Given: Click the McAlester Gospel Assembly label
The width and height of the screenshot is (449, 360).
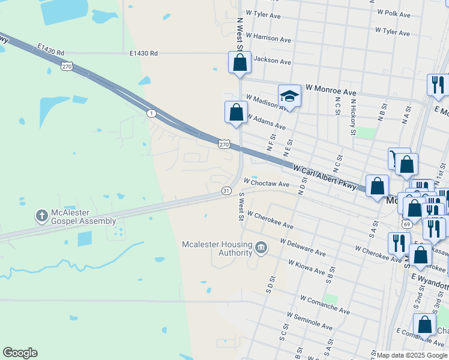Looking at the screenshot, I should point(83,217).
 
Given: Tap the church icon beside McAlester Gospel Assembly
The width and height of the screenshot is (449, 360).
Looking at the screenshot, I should point(41,215).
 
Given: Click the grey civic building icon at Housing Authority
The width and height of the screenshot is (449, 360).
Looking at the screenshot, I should point(261,247).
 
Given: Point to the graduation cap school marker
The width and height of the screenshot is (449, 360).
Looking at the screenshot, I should point(289,97).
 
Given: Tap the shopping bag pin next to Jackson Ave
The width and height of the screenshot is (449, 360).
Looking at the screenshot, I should point(240,62).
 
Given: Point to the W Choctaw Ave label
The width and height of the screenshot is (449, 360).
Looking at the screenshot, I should point(267,181).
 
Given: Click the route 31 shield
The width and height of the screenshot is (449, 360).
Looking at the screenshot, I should point(226,190).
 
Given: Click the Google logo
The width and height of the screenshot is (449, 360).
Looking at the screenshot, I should point(20,353).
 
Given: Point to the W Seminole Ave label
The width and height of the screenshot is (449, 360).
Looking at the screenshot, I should point(310,322).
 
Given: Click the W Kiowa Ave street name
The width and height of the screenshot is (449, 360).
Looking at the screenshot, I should point(307,271).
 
